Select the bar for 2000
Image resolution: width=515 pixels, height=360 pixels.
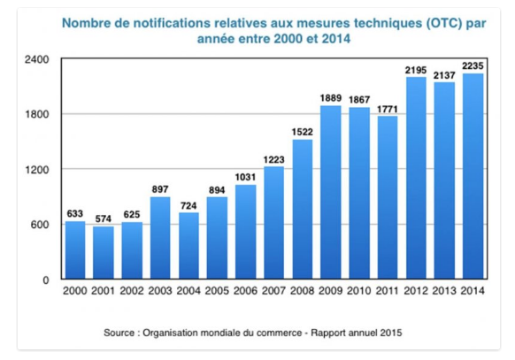point(75,250)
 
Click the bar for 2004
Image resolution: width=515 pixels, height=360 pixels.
point(188,246)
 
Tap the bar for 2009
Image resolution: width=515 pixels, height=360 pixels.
point(331,192)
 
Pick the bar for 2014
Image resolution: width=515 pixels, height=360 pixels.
point(473,176)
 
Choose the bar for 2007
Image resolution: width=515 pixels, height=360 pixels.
point(274,223)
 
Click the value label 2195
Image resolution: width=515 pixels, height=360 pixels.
point(416,70)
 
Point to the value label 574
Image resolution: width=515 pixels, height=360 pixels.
point(104,218)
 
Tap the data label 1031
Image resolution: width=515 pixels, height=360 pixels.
point(245,177)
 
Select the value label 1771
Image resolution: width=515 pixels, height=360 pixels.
point(388,109)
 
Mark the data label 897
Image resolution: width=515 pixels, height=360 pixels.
point(160,189)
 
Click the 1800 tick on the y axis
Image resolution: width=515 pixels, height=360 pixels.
point(37,114)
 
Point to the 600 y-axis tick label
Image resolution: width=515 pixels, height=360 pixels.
point(40,225)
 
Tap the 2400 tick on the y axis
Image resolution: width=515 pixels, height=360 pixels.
point(37,60)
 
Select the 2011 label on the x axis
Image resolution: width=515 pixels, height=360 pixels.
point(388,291)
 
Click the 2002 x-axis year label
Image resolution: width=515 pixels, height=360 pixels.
point(132,291)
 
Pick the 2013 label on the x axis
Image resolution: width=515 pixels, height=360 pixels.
point(444,291)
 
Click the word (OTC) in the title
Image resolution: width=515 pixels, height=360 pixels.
point(444,23)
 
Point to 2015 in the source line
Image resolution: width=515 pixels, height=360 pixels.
point(391,333)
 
